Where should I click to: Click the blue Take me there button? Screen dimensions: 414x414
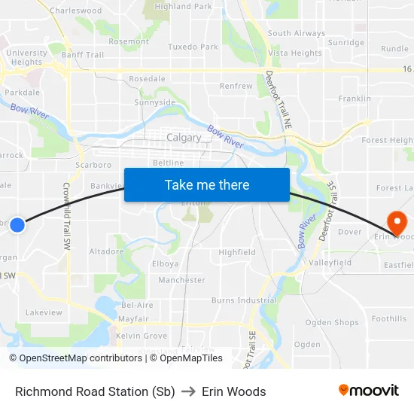[207, 184]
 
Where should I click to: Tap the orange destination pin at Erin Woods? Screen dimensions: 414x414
[396, 221]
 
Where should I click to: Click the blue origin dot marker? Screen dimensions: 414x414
[17, 224]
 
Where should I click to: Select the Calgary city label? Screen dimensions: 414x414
[184, 138]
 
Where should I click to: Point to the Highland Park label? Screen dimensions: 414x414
[183, 6]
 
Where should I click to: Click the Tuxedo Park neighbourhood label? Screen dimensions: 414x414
[193, 47]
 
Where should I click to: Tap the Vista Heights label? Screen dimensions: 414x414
[295, 53]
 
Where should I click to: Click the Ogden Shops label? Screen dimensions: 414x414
[332, 323]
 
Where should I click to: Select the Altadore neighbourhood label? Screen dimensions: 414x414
[106, 251]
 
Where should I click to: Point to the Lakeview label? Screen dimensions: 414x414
[44, 312]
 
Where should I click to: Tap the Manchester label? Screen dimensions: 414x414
[181, 280]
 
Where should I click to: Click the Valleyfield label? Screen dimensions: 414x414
[330, 263]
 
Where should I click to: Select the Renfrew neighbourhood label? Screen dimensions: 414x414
[236, 86]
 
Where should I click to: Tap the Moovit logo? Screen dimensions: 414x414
[368, 391]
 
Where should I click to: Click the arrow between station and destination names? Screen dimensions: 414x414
[188, 391]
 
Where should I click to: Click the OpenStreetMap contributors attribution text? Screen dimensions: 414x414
[75, 358]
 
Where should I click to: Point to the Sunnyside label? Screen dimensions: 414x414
[154, 102]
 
